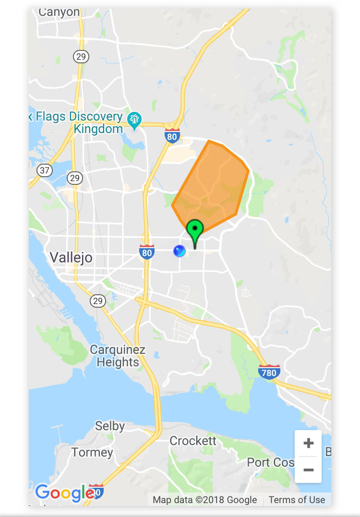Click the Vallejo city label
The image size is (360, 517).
click(x=71, y=258)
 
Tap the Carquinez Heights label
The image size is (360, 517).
click(x=117, y=356)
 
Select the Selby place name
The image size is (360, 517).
click(x=110, y=426)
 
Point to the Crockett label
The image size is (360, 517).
click(x=193, y=441)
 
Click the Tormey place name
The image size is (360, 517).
click(x=92, y=452)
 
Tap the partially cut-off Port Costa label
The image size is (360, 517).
click(x=270, y=462)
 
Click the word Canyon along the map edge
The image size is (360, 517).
click(x=59, y=12)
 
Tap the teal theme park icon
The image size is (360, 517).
click(x=134, y=119)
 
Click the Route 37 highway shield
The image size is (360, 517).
click(x=44, y=170)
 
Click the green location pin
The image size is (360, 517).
click(x=195, y=230)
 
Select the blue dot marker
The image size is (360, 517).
click(x=179, y=251)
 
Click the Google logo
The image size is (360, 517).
click(x=64, y=493)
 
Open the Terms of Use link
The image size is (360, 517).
click(x=297, y=500)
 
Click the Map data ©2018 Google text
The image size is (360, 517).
click(x=205, y=500)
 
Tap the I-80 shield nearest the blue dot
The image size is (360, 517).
click(x=147, y=252)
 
